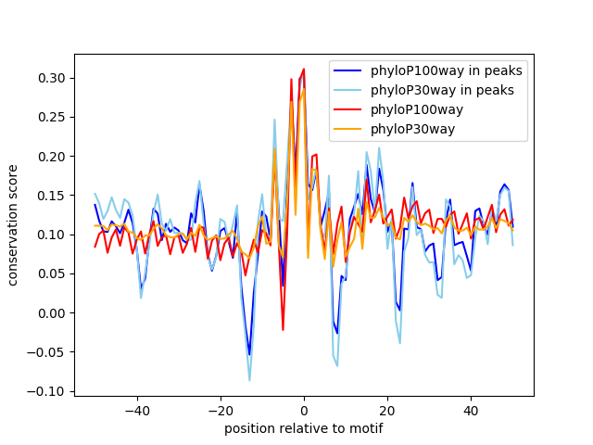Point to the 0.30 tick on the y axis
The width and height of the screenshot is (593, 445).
click(x=52, y=78)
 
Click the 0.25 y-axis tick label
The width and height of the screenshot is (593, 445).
click(x=52, y=118)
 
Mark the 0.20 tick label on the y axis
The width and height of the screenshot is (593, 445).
click(x=52, y=157)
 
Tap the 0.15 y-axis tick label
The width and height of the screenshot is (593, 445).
click(x=52, y=196)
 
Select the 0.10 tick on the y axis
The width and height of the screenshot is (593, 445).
click(x=52, y=235)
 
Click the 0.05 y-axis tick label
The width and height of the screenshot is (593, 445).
click(x=52, y=273)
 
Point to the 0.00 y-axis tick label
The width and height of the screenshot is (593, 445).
click(x=52, y=312)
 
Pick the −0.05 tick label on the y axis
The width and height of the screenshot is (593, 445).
click(x=48, y=352)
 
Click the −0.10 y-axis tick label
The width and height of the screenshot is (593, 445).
click(x=48, y=391)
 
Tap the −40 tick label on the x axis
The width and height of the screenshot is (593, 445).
click(x=136, y=411)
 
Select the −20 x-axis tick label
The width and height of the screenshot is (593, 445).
click(x=220, y=411)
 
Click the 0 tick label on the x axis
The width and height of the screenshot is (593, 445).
click(x=304, y=411)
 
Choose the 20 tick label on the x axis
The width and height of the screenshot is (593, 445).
click(x=387, y=411)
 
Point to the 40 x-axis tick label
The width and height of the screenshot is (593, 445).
click(x=471, y=411)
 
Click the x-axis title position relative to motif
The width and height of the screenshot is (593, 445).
click(x=304, y=428)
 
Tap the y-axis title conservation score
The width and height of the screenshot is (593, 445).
click(x=14, y=225)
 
